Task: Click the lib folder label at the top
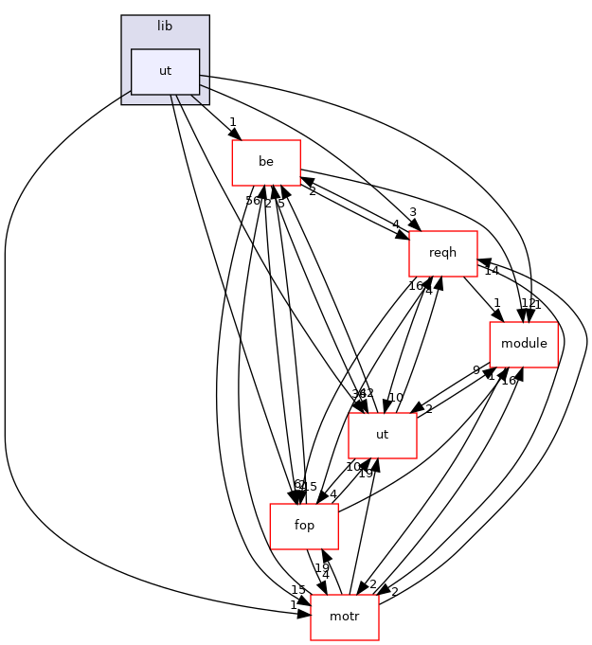(165, 27)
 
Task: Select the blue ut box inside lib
(165, 72)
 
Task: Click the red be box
(266, 163)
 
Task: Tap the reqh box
(441, 254)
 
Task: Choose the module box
(523, 344)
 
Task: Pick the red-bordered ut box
(382, 436)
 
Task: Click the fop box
(304, 527)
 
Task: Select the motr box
(344, 617)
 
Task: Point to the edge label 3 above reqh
(413, 211)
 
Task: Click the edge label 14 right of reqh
(491, 272)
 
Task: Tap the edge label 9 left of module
(476, 370)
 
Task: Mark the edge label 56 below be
(253, 201)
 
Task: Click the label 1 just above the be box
(232, 121)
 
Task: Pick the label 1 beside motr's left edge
(294, 604)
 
